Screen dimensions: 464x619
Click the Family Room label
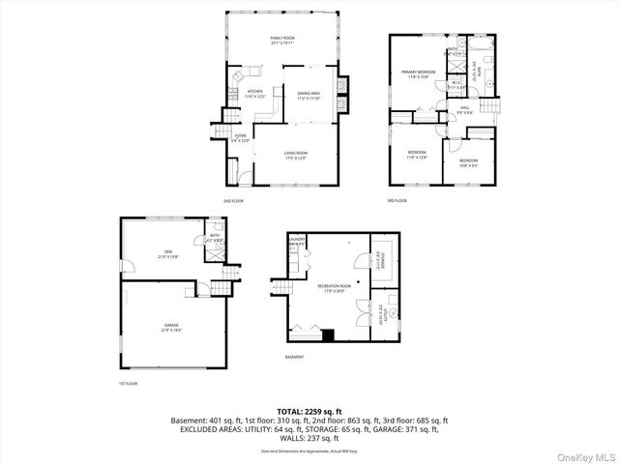(x=281, y=41)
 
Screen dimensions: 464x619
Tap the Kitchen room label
(x=242, y=94)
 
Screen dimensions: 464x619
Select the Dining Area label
(x=309, y=95)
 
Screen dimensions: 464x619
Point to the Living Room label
(x=295, y=155)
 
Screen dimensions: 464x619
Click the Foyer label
(x=240, y=138)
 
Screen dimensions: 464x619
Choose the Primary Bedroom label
(x=416, y=74)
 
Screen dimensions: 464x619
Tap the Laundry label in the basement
(x=297, y=242)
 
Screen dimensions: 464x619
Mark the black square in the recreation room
(x=329, y=335)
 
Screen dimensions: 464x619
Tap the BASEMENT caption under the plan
(x=295, y=357)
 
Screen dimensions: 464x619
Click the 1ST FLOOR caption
(x=128, y=384)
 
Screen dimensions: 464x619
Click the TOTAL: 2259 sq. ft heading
(x=309, y=411)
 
